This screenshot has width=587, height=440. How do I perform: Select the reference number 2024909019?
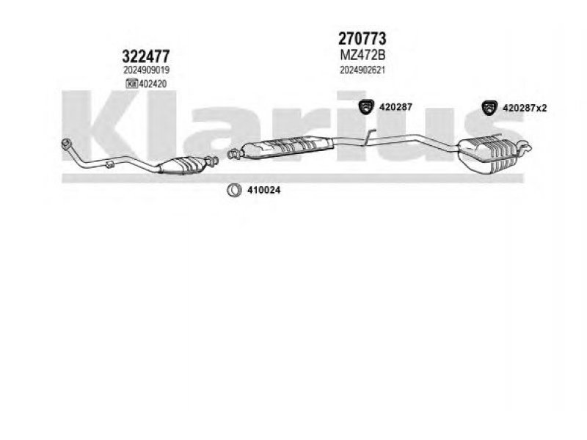click(147, 70)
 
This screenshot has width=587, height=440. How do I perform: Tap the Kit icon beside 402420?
click(132, 84)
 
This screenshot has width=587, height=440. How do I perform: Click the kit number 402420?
click(154, 84)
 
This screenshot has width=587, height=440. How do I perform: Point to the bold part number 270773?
click(362, 38)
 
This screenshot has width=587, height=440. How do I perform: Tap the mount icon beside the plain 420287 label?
click(367, 107)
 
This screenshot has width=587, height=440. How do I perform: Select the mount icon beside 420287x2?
click(490, 108)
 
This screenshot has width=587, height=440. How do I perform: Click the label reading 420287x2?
click(525, 108)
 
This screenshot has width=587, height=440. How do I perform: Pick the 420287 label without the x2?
click(396, 107)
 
